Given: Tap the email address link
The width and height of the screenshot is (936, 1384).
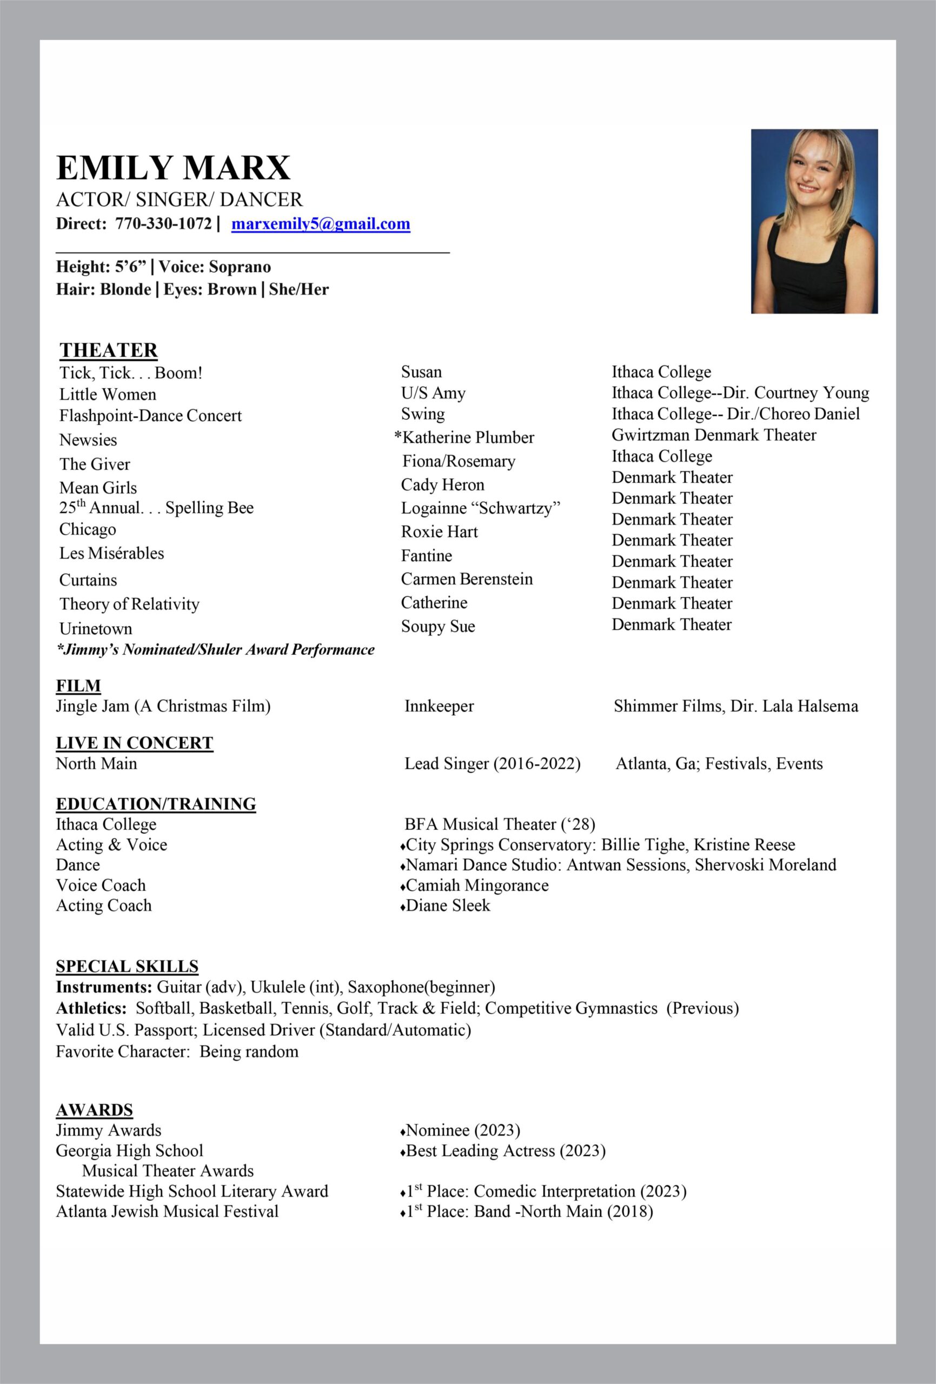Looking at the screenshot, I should coord(321,224).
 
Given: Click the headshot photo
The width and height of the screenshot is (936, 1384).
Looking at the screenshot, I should coord(814,221).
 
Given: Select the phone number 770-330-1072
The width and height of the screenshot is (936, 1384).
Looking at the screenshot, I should coord(163,224).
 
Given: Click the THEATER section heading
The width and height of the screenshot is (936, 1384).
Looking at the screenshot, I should coord(109,350).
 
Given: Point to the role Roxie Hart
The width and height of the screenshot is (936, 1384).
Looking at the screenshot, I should coord(439,531).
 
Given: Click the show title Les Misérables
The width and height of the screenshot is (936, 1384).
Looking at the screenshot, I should coord(111,553).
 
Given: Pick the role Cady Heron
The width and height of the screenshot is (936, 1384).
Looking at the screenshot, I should coord(442,485).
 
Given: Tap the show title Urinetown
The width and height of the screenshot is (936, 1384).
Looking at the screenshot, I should coord(95,629).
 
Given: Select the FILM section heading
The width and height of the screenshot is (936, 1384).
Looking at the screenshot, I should coord(78,686).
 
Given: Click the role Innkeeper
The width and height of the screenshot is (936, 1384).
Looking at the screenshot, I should coord(439,706).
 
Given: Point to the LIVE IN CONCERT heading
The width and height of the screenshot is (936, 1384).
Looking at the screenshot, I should coord(134,743).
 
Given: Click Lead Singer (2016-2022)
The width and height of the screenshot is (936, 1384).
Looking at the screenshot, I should coord(492,763).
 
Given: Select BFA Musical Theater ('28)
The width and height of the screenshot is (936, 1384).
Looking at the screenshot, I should coord(500,824).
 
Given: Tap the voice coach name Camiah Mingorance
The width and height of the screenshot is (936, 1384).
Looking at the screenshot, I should coord(476,885).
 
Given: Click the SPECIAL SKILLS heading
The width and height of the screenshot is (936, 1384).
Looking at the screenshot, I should coord(127,966).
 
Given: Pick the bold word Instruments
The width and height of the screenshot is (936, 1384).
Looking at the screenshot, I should coord(104,987).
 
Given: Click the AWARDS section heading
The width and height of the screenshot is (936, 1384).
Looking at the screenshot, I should coord(94,1110).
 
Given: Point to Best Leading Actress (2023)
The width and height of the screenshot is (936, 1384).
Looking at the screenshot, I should coord(505,1150).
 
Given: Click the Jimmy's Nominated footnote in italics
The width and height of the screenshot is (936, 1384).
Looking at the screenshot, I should coord(215,650).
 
